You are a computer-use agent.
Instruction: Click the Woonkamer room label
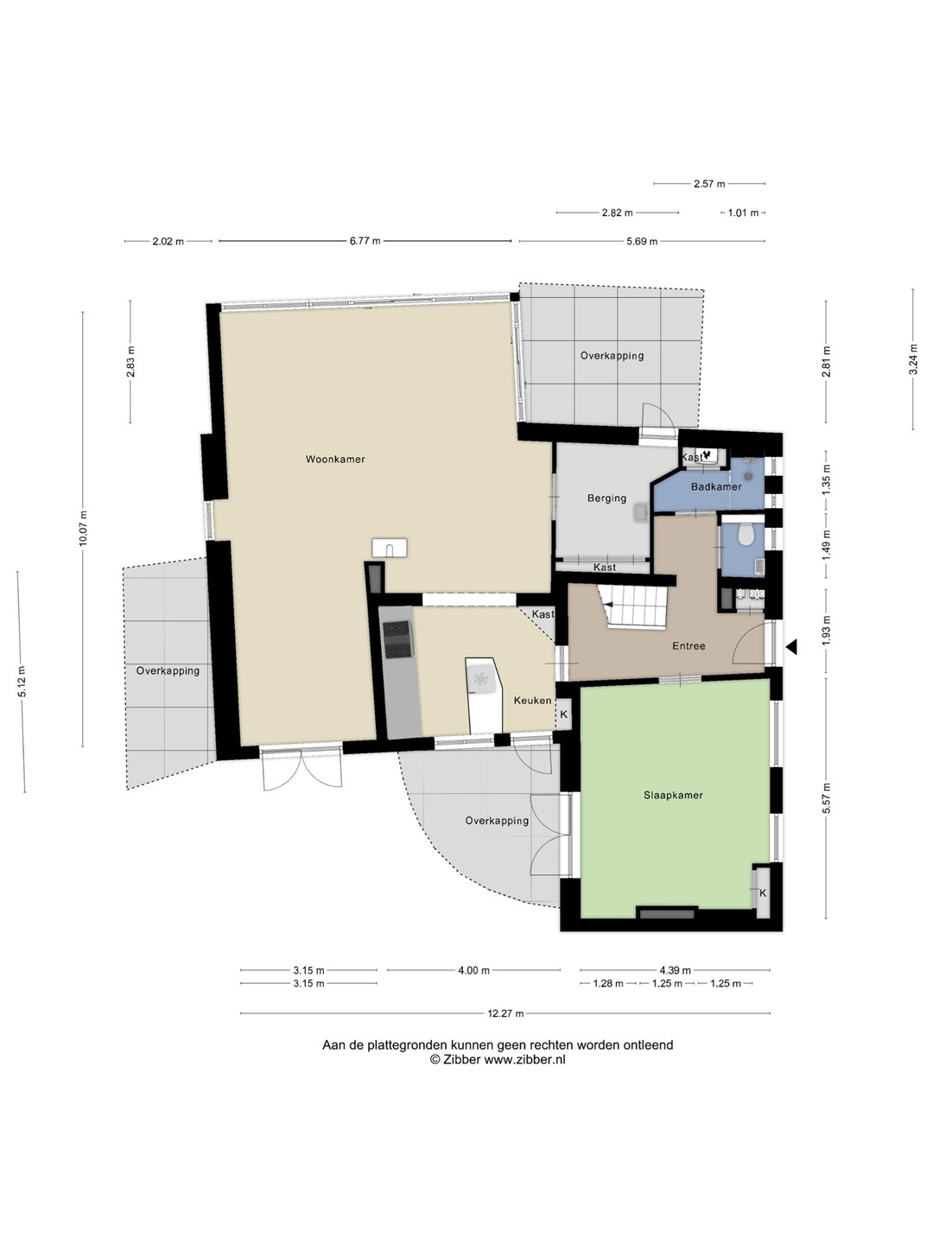pyautogui.click(x=335, y=459)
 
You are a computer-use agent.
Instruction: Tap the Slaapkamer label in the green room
pyautogui.click(x=673, y=795)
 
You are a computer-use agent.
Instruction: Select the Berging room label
pyautogui.click(x=606, y=498)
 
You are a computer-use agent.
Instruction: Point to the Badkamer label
pyautogui.click(x=716, y=486)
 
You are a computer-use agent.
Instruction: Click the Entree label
pyautogui.click(x=689, y=645)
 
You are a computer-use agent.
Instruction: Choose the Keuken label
pyautogui.click(x=532, y=701)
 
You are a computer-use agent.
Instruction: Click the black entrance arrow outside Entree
pyautogui.click(x=791, y=647)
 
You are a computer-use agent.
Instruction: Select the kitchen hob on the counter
pyautogui.click(x=397, y=640)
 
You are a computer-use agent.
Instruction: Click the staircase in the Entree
pyautogui.click(x=634, y=607)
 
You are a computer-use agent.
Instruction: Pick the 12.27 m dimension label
pyautogui.click(x=505, y=1013)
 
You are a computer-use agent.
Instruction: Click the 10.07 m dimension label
pyautogui.click(x=83, y=529)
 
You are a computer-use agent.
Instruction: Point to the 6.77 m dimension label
pyautogui.click(x=365, y=241)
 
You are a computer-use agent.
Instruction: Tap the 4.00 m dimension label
pyautogui.click(x=473, y=970)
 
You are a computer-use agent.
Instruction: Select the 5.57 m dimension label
pyautogui.click(x=826, y=798)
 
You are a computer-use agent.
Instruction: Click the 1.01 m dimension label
pyautogui.click(x=743, y=213)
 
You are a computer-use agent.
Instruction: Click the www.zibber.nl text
pyautogui.click(x=524, y=1060)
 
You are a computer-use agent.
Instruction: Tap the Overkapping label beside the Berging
pyautogui.click(x=612, y=356)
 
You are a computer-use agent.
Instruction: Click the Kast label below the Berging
pyautogui.click(x=605, y=568)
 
